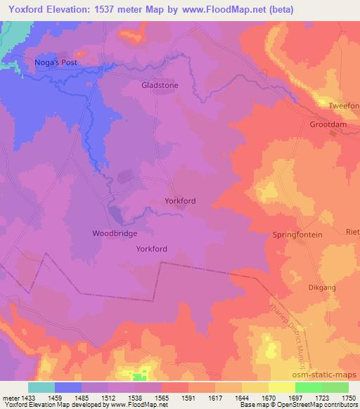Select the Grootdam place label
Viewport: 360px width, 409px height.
coord(329,124)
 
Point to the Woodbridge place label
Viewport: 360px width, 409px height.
coord(115,233)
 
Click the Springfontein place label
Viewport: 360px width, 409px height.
coord(297,235)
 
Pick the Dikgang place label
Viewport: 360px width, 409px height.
coord(322,287)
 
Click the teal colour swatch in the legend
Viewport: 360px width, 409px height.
coord(41,387)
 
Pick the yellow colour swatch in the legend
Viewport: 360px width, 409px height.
coord(281,387)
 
